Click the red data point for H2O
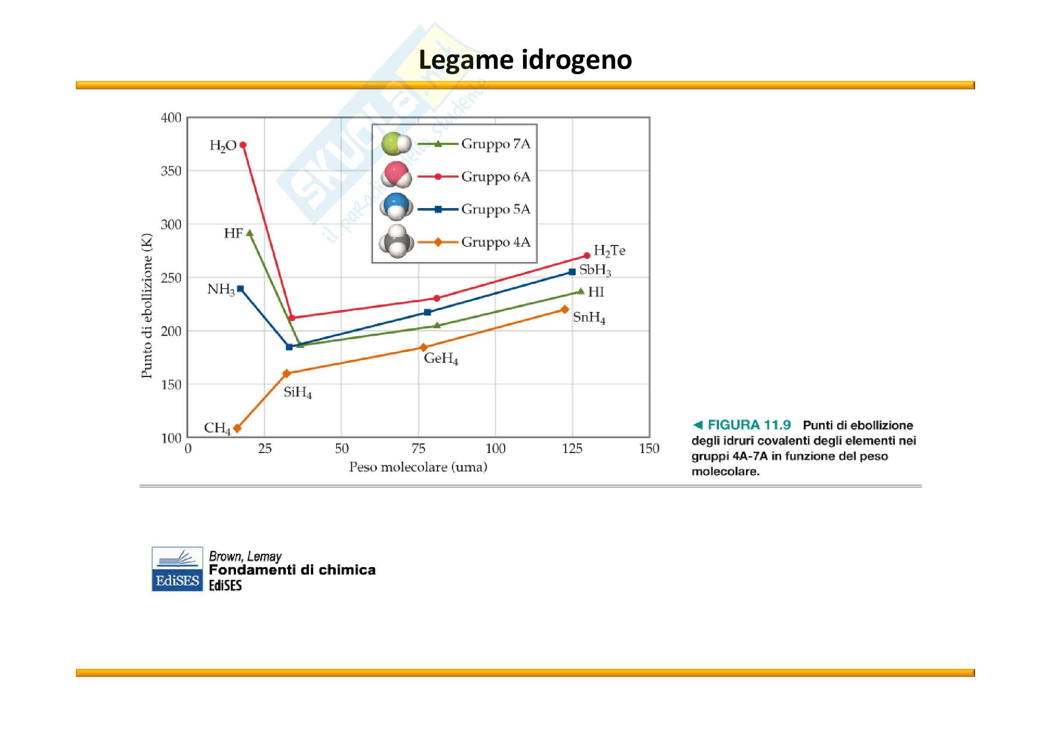(243, 145)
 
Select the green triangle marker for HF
(250, 233)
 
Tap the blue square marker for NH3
(240, 289)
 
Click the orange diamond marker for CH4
(237, 428)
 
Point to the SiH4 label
(297, 392)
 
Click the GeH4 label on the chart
(441, 358)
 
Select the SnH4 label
(589, 317)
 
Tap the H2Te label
(609, 251)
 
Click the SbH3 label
(595, 270)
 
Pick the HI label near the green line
(596, 292)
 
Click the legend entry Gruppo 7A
(496, 144)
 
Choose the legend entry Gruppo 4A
(496, 242)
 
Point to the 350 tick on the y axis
(171, 171)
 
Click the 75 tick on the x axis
(418, 449)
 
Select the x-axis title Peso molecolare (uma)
(418, 467)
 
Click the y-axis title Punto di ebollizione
(146, 305)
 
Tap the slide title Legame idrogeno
(525, 59)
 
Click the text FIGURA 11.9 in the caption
(749, 425)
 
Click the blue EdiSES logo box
(177, 569)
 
